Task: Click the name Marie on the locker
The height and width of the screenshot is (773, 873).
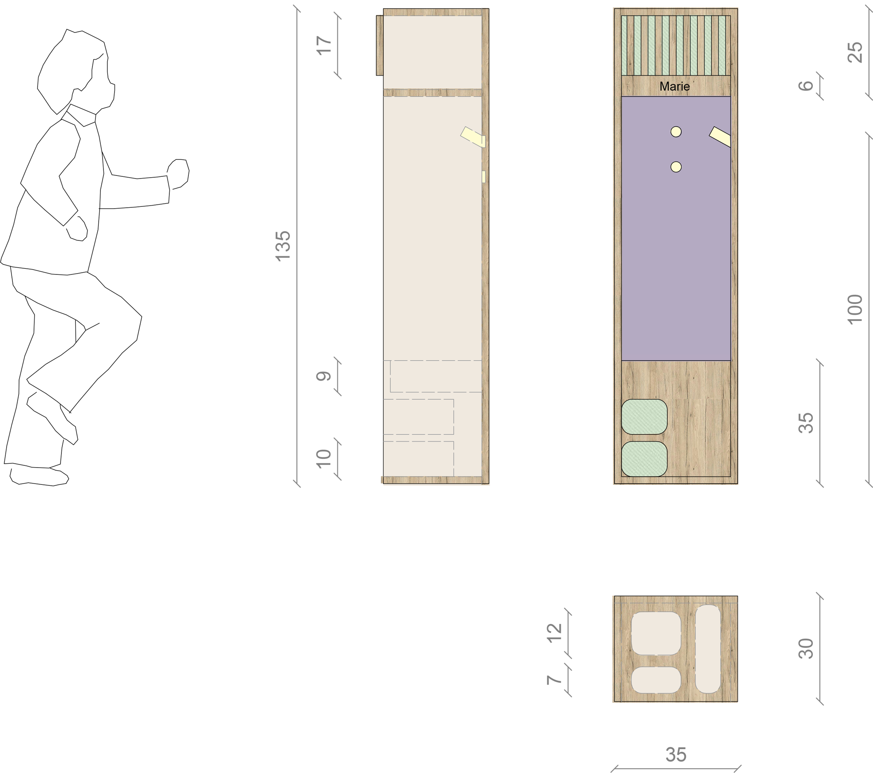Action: tap(674, 86)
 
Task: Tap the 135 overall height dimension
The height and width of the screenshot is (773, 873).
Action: tap(283, 246)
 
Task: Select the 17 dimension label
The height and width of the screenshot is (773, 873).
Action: tap(324, 46)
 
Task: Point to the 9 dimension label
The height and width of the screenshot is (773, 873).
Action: tap(324, 376)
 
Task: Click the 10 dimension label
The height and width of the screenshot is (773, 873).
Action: tap(324, 458)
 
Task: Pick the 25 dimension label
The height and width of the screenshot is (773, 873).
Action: tap(855, 52)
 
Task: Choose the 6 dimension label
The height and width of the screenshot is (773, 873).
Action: tap(806, 85)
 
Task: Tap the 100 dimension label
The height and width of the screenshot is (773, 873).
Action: tap(855, 309)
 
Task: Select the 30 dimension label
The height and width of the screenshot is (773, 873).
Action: tap(806, 648)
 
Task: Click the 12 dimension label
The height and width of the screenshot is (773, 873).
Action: tap(555, 632)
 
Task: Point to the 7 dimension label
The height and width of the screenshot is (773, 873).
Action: tap(555, 680)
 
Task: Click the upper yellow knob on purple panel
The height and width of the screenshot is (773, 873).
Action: tap(676, 131)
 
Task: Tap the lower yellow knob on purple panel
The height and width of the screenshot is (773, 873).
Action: tap(676, 167)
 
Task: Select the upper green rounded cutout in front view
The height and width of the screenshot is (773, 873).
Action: tap(644, 416)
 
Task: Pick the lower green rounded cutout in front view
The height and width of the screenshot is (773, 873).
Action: tap(644, 459)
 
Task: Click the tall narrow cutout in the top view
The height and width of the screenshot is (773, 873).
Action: tap(708, 648)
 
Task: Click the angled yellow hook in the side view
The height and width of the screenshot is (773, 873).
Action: tap(473, 137)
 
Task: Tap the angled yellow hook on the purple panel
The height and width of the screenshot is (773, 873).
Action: tap(720, 137)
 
